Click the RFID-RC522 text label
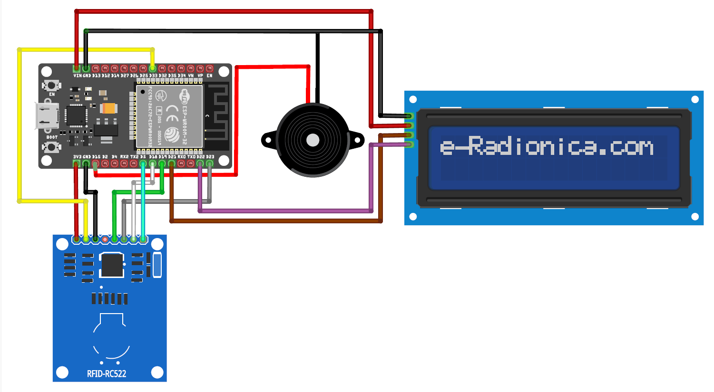tap(107, 374)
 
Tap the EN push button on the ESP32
tap(51, 86)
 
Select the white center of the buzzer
tap(313, 140)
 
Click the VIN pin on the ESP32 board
tap(77, 69)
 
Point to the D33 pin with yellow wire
tap(153, 69)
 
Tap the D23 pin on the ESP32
tap(209, 163)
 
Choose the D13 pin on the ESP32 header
tap(96, 69)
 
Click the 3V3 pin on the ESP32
tap(77, 163)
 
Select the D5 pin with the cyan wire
tap(143, 163)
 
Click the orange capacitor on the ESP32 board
tap(109, 108)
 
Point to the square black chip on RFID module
tap(112, 265)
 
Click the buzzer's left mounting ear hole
tap(268, 140)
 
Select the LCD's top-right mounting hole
tap(694, 99)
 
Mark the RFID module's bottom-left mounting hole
tap(62, 372)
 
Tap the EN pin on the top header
tap(209, 69)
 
